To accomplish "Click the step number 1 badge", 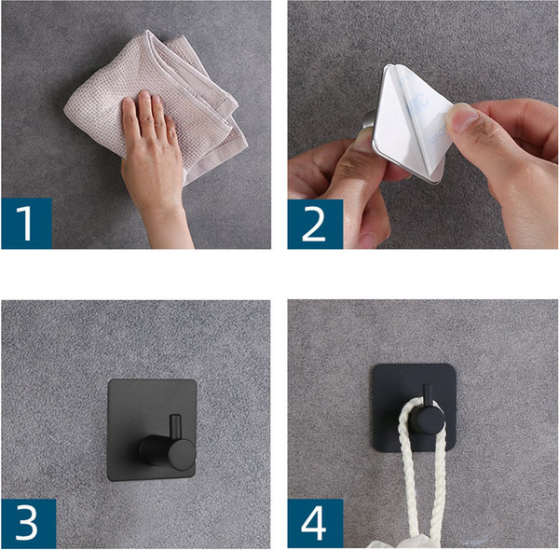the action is tap(27, 224).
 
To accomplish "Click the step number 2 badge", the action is tap(315, 224).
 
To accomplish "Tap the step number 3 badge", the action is tap(29, 524).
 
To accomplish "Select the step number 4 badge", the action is tap(315, 524).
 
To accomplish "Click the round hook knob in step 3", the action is tap(181, 455).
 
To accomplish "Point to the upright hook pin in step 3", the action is tap(175, 428).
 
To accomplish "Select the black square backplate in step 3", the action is tap(152, 430).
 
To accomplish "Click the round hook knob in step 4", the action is tap(427, 419).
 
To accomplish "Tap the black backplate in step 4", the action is tap(415, 407).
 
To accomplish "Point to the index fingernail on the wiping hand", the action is tap(144, 95).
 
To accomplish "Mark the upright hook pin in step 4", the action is tap(428, 395).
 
